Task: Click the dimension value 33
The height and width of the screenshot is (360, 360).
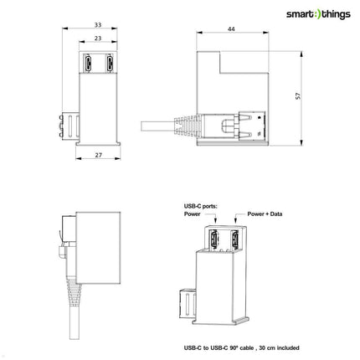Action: pos(99,24)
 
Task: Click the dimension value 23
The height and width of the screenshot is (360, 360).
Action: pos(99,39)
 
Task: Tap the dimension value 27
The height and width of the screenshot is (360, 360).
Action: pos(99,155)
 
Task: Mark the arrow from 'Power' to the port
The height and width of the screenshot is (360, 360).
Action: pos(213,223)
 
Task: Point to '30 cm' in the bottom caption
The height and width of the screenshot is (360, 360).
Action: pos(259,347)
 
